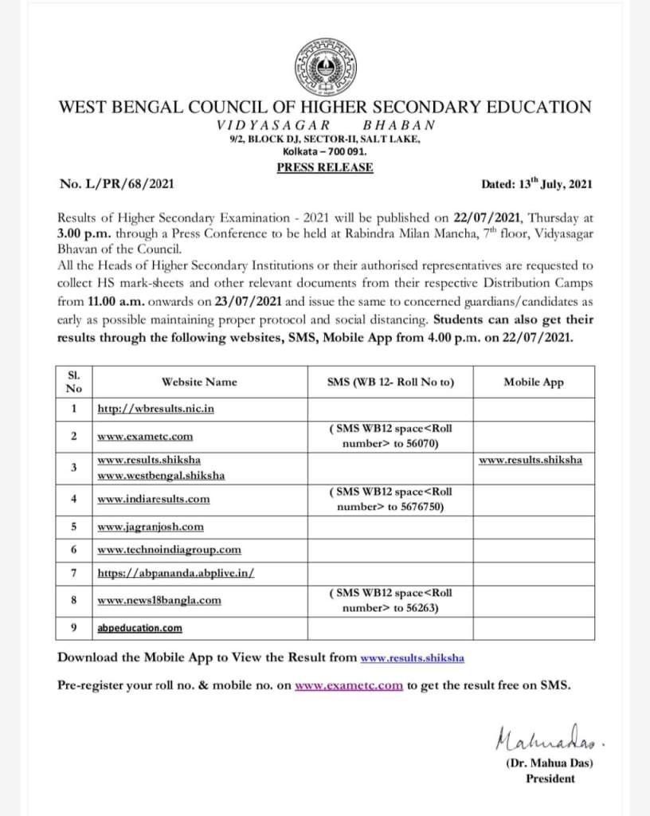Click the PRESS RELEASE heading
(325, 167)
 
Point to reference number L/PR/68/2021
(117, 184)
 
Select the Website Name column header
(199, 382)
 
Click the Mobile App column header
(534, 382)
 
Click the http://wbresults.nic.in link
(156, 409)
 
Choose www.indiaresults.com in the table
(154, 499)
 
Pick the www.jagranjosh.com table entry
(151, 527)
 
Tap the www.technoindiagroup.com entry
(169, 550)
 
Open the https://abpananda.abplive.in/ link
(175, 573)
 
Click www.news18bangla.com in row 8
(159, 600)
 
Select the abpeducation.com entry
(139, 628)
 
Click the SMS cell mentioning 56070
(390, 436)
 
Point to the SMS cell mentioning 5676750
(390, 499)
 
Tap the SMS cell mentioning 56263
(390, 600)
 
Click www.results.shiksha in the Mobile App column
(531, 460)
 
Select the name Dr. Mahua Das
(550, 763)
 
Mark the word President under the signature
(550, 779)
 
